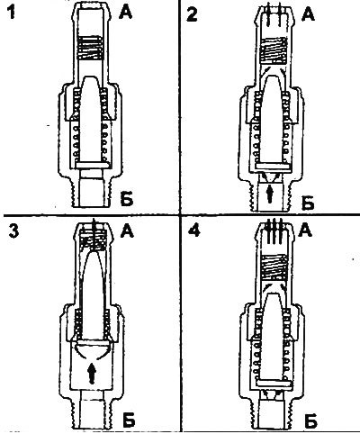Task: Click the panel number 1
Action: pyautogui.click(x=12, y=13)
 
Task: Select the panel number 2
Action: pyautogui.click(x=192, y=14)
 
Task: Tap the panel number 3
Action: pyautogui.click(x=13, y=231)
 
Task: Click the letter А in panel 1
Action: pyautogui.click(x=125, y=13)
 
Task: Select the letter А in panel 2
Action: pyautogui.click(x=308, y=14)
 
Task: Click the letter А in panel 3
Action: pyautogui.click(x=128, y=231)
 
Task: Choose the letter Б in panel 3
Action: pyautogui.click(x=129, y=420)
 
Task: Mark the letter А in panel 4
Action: pyautogui.click(x=305, y=230)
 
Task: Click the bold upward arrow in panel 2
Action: pyautogui.click(x=270, y=194)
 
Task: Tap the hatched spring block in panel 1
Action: pyautogui.click(x=90, y=47)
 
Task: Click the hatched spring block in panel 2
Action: pyautogui.click(x=273, y=50)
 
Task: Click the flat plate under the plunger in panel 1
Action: pyautogui.click(x=92, y=165)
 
